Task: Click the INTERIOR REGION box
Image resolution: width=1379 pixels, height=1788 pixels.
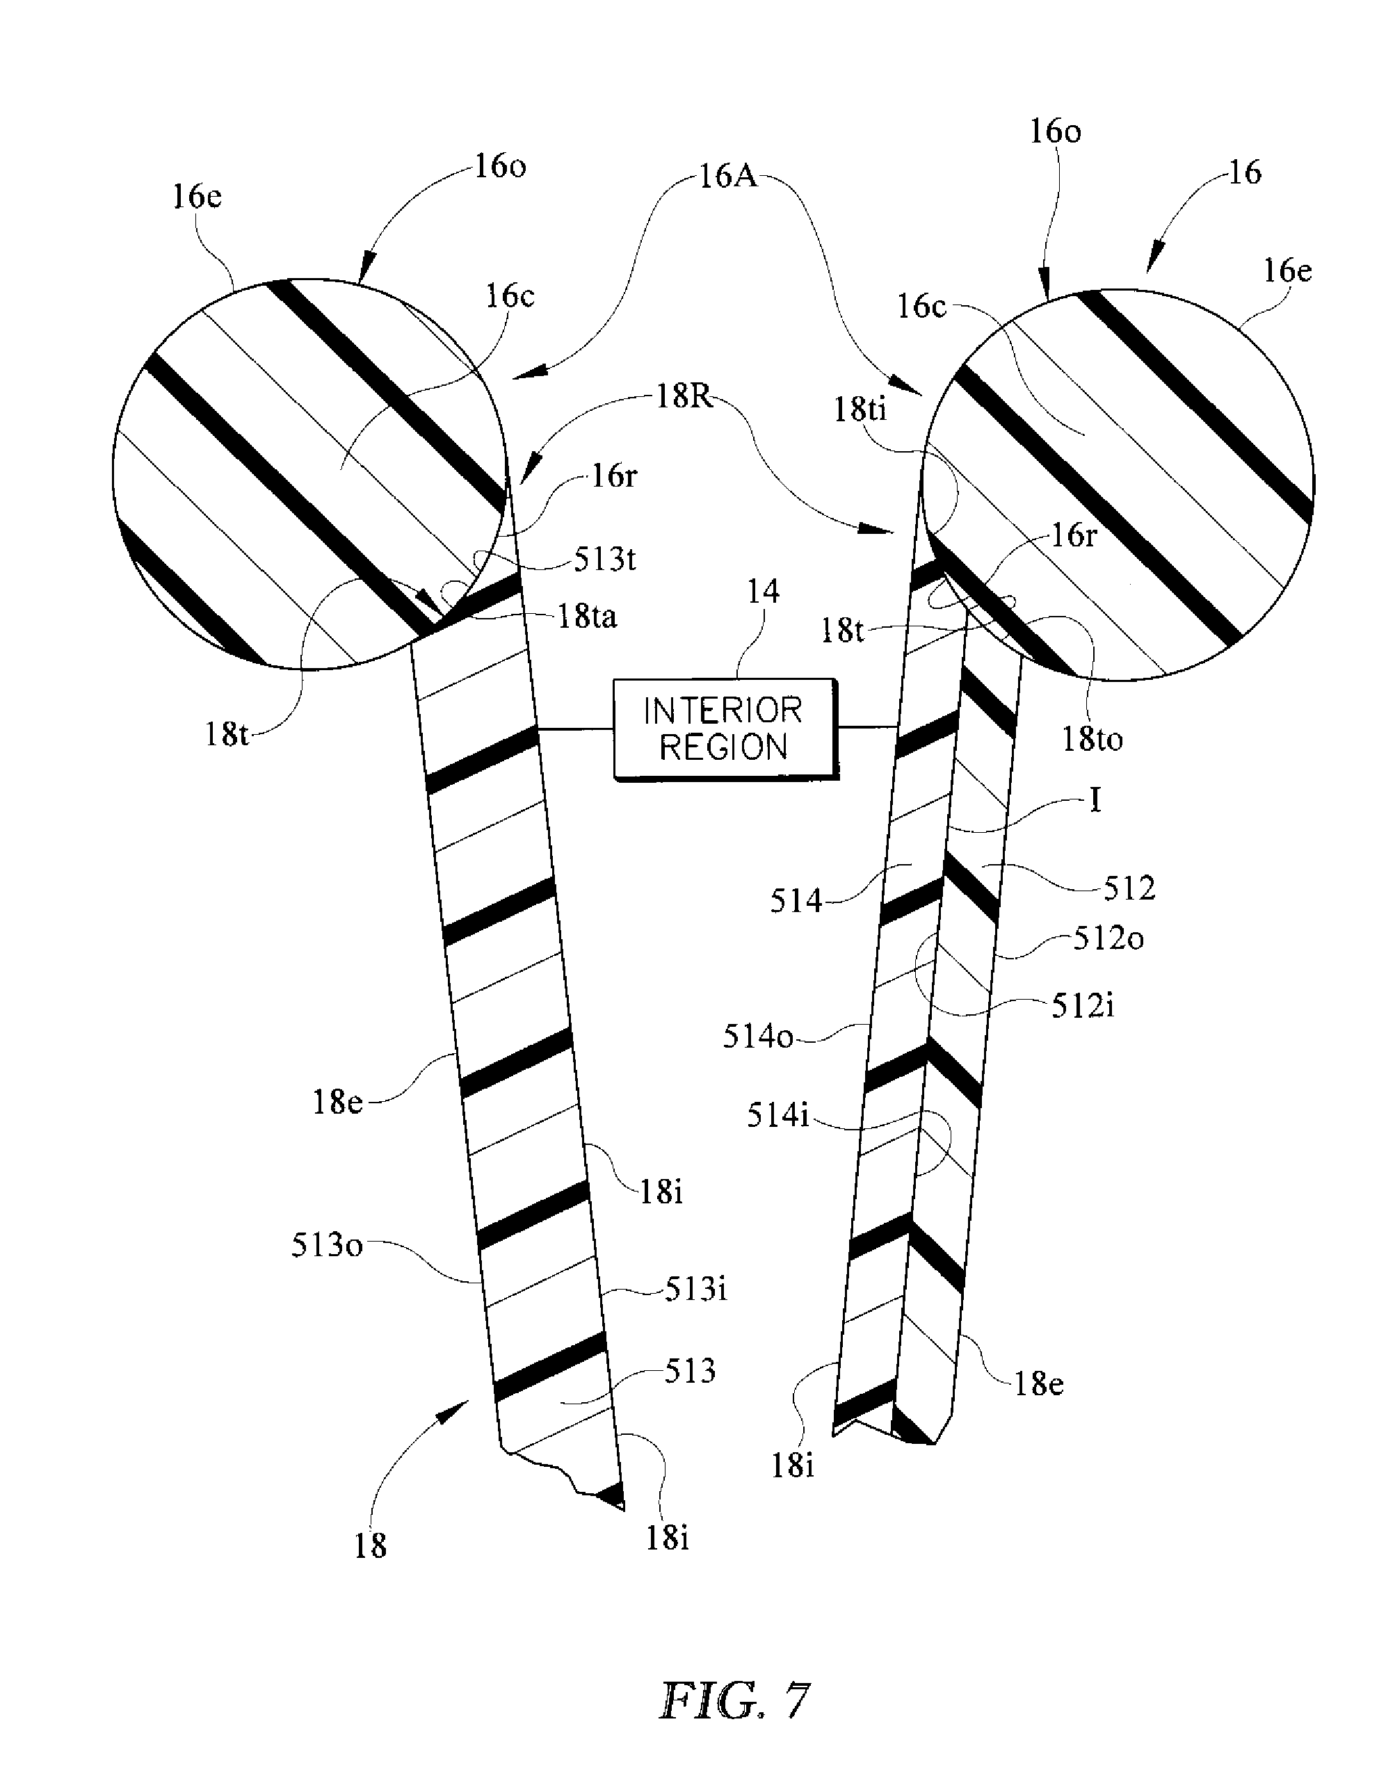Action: coord(726,728)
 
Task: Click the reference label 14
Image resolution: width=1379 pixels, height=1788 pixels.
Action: coord(762,591)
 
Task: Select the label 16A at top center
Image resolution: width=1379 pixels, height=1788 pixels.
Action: coord(727,177)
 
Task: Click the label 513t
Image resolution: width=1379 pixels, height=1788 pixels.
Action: coord(604,559)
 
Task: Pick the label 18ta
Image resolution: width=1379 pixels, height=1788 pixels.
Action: coord(587,617)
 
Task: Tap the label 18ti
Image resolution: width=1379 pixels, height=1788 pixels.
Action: coord(860,409)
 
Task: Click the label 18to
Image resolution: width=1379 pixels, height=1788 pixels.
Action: coord(1092,739)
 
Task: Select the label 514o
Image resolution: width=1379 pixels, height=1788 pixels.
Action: coord(758,1037)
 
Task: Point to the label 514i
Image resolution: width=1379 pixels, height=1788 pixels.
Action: coord(778,1115)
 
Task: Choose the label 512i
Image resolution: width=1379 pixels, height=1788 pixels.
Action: coord(1083,1006)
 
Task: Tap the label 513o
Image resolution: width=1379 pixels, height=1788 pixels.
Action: coord(327,1245)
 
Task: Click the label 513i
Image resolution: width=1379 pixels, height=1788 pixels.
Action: coord(695,1290)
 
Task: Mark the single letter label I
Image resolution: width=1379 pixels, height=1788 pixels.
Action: coord(1095,800)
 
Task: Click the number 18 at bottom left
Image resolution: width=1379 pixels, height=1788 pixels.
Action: coord(370,1545)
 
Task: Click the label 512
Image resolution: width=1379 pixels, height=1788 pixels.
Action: coord(1129,888)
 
